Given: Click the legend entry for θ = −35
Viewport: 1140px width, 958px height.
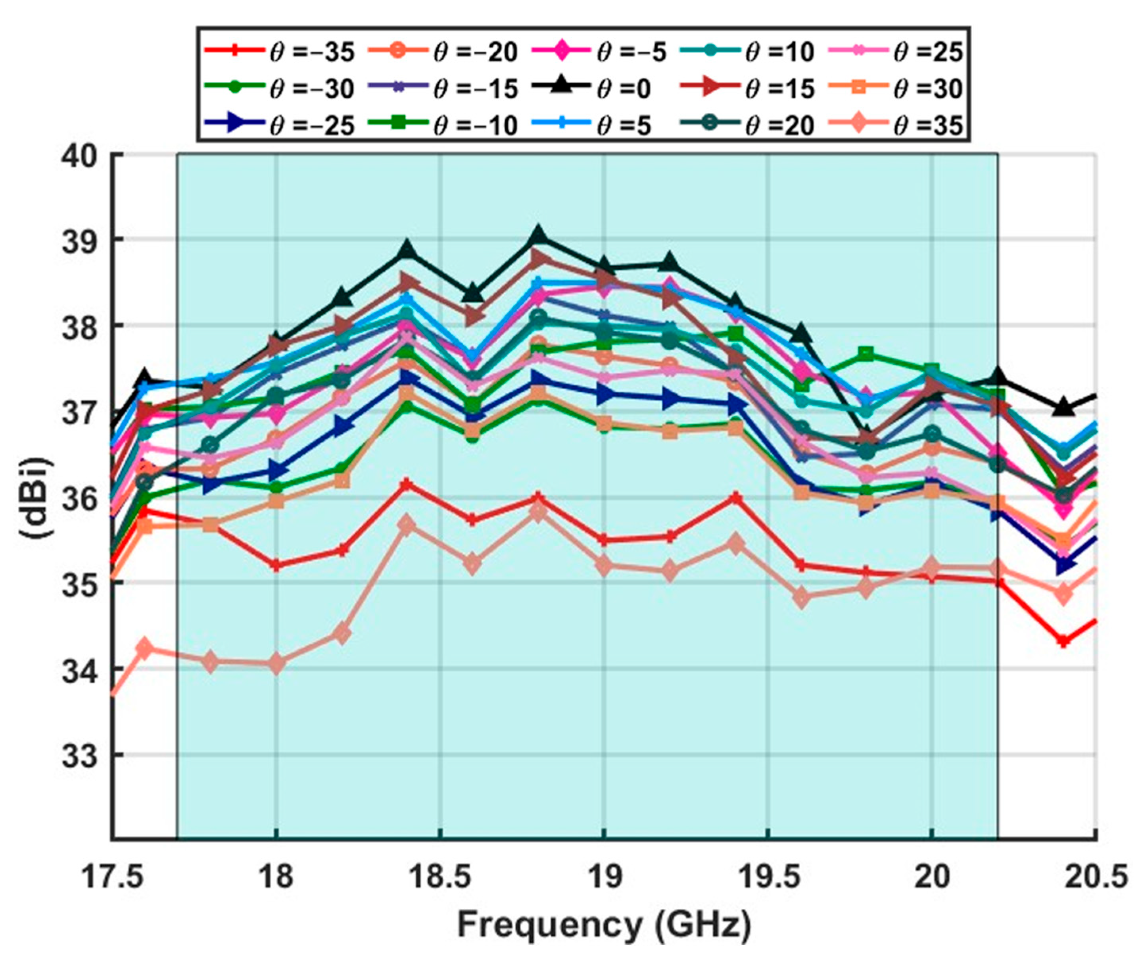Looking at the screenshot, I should coord(280,52).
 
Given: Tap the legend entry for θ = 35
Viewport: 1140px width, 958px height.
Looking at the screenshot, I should coord(896,125).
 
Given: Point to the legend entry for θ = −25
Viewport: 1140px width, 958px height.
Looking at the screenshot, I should coord(280,125).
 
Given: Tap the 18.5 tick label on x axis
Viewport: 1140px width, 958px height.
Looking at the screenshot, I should coord(440,877).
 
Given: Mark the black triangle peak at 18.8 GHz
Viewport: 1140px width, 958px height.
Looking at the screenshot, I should coord(538,235).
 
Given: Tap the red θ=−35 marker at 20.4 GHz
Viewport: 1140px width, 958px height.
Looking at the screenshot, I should coord(1063,641).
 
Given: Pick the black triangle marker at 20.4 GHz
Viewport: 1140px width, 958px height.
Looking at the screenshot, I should coord(1063,407).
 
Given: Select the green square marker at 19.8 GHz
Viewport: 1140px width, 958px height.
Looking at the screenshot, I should coord(866,354).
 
